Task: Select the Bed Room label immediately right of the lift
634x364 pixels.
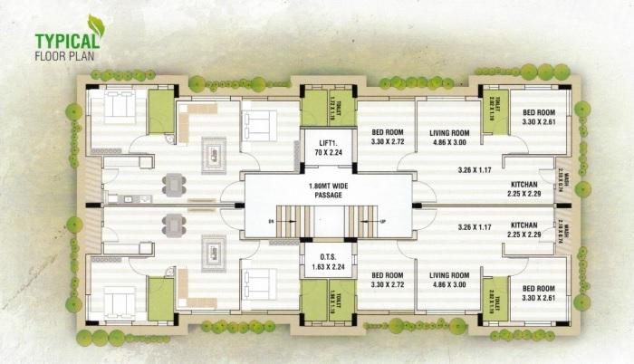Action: click(x=387, y=138)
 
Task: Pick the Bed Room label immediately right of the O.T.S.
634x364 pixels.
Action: click(x=387, y=280)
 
